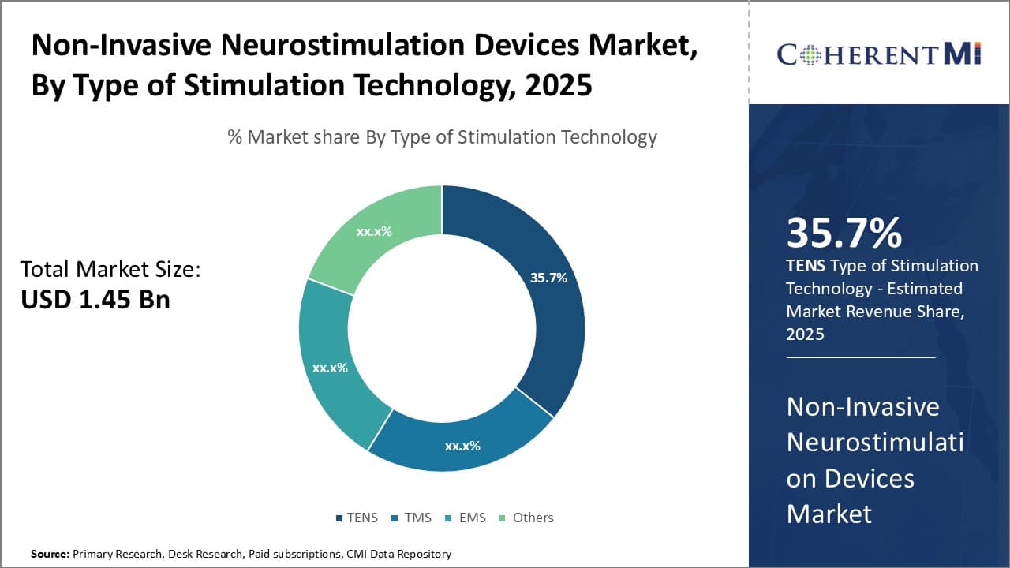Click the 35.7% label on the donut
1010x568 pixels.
tap(548, 278)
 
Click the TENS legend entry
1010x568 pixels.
tap(356, 518)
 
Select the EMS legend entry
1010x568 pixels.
tap(466, 518)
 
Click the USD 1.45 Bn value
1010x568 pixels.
tap(95, 300)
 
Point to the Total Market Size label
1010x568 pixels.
tap(110, 270)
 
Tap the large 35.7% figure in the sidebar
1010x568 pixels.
tap(844, 234)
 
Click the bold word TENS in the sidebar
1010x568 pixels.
tap(805, 266)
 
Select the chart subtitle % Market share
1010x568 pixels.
tap(442, 137)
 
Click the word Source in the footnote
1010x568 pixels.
tap(50, 554)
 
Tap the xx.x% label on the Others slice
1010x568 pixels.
tap(374, 231)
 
